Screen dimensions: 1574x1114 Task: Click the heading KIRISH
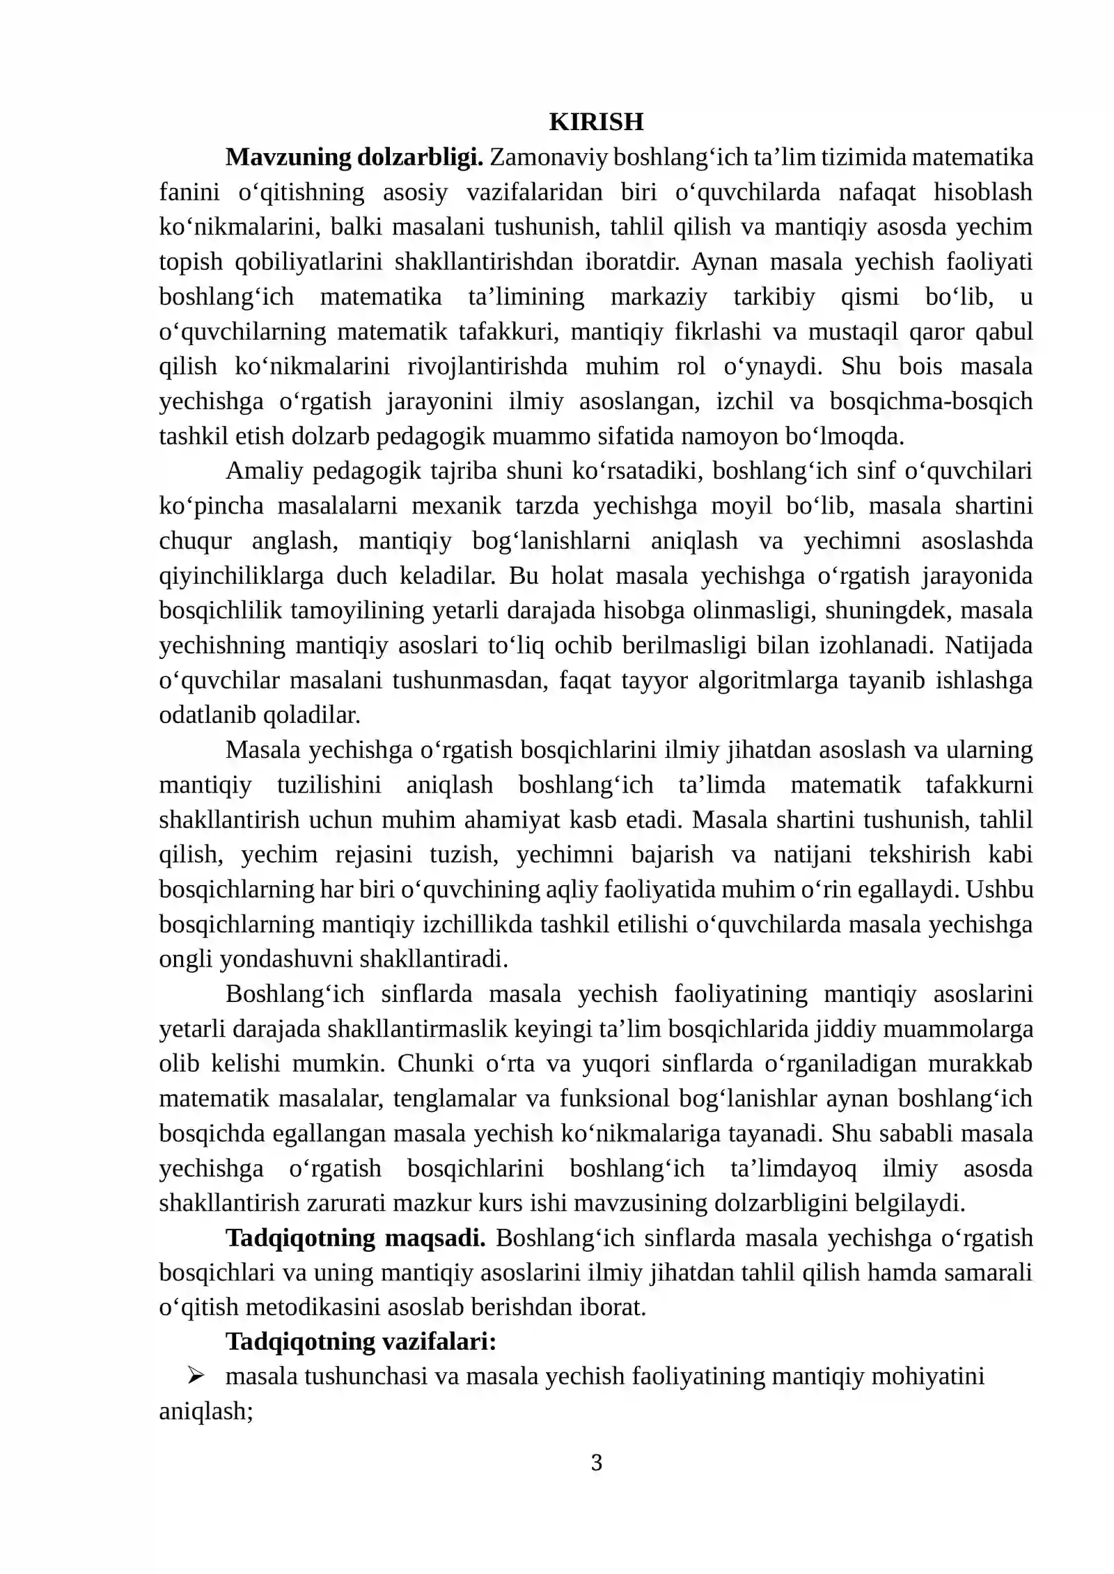click(596, 122)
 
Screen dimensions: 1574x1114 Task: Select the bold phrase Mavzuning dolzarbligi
click(354, 157)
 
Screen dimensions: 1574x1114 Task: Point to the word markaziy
click(659, 296)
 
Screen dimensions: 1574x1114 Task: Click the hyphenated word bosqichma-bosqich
click(931, 402)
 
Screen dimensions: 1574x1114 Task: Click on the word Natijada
click(989, 645)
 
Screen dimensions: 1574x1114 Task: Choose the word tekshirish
click(919, 854)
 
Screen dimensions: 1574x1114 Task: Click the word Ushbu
click(1000, 889)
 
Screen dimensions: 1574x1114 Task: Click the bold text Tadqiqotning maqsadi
click(356, 1237)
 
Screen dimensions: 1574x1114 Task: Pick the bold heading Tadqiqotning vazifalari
click(361, 1341)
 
